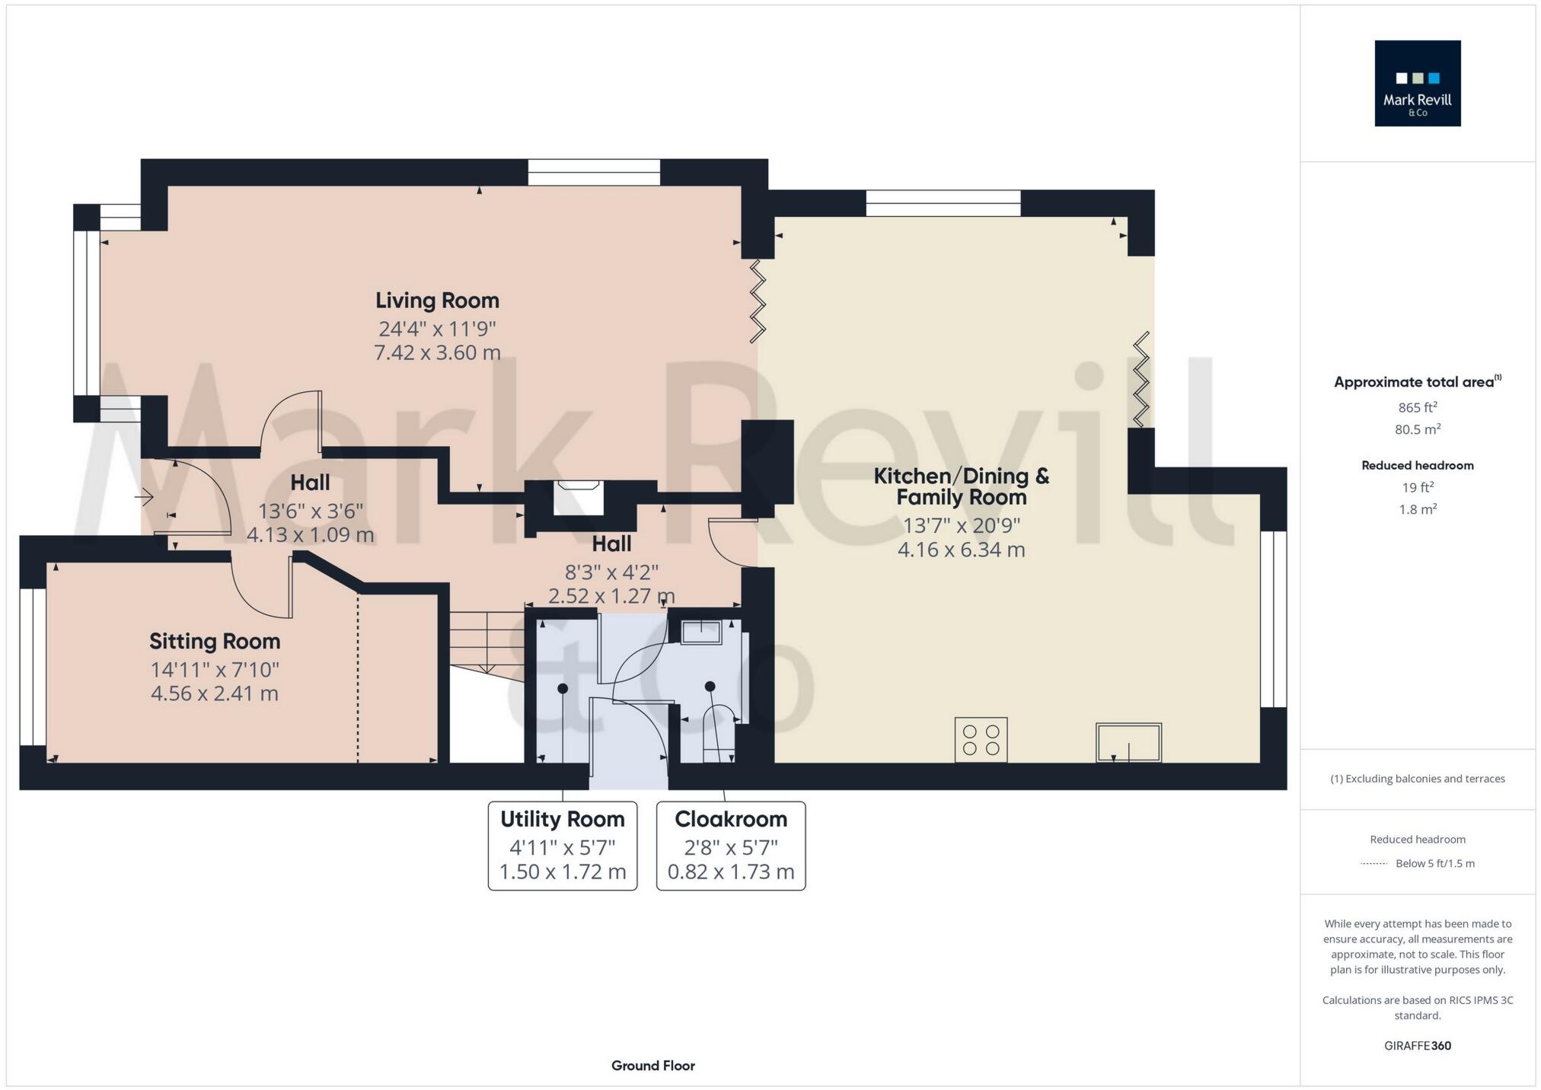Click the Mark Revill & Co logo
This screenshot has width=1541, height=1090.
click(1417, 83)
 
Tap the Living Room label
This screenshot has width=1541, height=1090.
click(437, 301)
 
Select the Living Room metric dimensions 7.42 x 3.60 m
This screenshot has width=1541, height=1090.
click(437, 353)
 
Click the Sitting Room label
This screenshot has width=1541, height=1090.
click(215, 642)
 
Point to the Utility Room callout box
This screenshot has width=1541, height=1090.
click(562, 845)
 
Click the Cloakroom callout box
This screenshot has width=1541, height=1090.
click(730, 845)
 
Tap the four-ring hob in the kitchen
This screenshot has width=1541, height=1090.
click(981, 739)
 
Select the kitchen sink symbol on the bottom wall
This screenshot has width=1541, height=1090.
click(1128, 742)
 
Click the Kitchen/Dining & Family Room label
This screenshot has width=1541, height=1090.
click(961, 486)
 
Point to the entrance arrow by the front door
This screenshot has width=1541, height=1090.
click(144, 498)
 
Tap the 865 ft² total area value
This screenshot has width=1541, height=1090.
click(1417, 407)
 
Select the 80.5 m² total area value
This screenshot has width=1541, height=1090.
click(1417, 429)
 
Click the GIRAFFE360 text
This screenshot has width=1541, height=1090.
click(1417, 1046)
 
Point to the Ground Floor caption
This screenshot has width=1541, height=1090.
click(652, 1066)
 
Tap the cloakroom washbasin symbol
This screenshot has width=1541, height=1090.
click(700, 633)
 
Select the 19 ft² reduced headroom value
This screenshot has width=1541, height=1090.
click(1417, 487)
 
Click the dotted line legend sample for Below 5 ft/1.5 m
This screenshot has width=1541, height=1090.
click(1373, 864)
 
